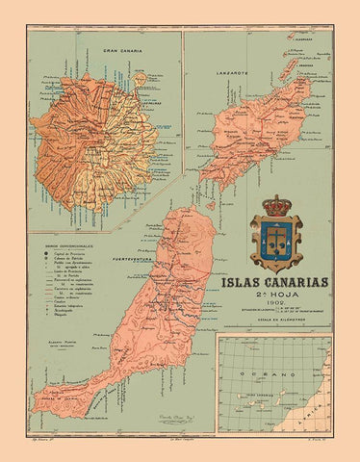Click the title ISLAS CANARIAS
click(274, 284)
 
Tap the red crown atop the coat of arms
click(275, 207)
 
